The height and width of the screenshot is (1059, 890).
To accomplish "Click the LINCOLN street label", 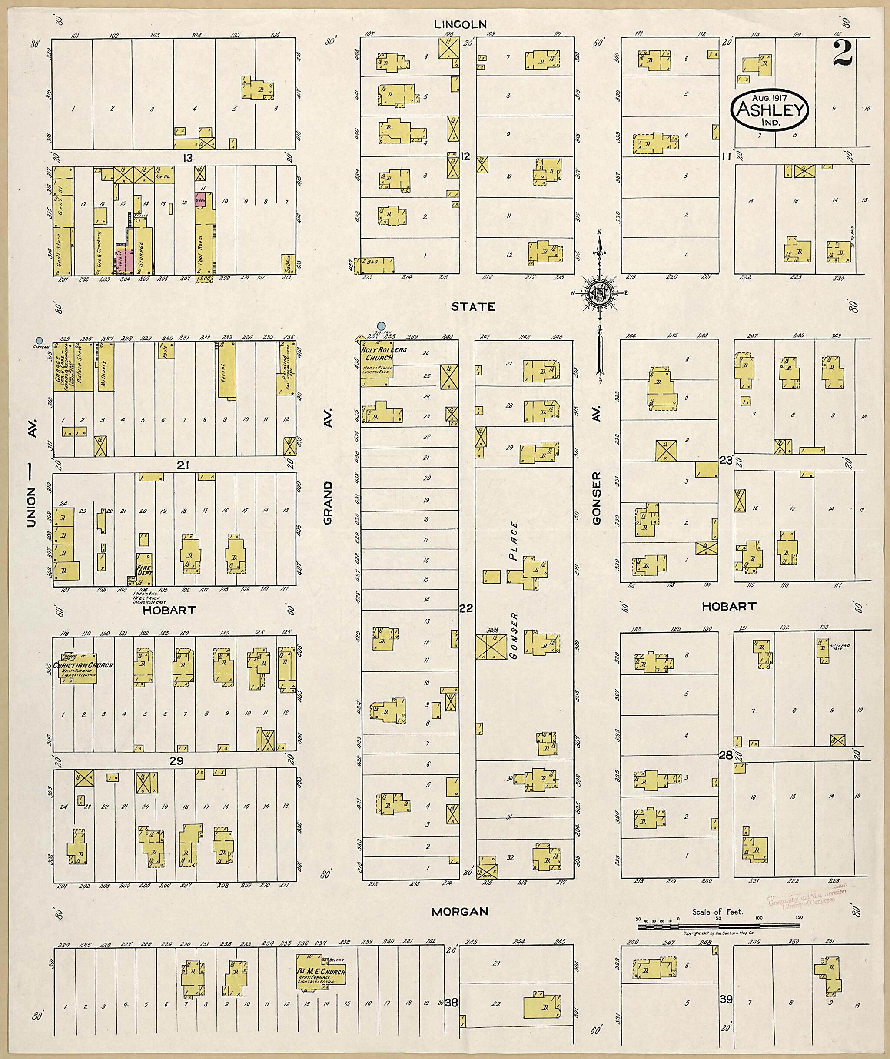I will (461, 24).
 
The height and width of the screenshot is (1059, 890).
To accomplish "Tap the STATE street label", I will (473, 306).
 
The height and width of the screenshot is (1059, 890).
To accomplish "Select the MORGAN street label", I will (460, 911).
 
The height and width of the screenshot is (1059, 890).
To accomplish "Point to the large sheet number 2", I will (842, 53).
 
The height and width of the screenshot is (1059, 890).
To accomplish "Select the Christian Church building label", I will (85, 665).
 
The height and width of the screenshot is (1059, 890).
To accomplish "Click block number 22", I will (466, 608).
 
